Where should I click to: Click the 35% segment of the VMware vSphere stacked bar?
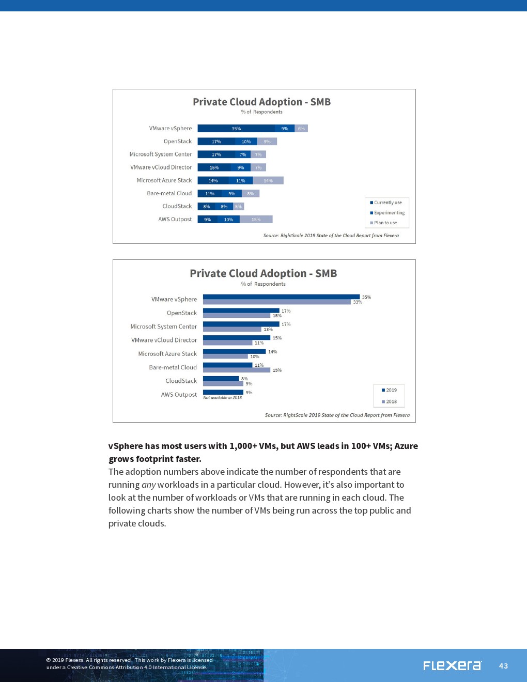click(x=236, y=129)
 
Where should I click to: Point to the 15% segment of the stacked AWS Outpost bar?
click(x=256, y=220)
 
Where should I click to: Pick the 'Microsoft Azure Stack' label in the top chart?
click(x=164, y=180)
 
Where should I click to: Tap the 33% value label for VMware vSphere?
click(x=358, y=302)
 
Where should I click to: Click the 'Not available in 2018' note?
click(x=222, y=398)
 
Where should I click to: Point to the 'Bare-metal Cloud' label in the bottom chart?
click(x=173, y=367)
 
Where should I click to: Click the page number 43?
click(x=503, y=666)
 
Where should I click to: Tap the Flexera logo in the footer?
click(x=452, y=665)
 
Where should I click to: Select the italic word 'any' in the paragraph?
click(x=148, y=485)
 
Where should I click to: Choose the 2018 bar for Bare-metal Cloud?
click(x=237, y=370)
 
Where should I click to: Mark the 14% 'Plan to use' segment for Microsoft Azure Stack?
click(x=268, y=181)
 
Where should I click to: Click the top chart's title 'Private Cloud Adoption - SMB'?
click(x=261, y=102)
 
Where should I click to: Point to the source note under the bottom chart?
click(x=337, y=415)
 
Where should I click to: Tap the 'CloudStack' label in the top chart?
click(x=177, y=206)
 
